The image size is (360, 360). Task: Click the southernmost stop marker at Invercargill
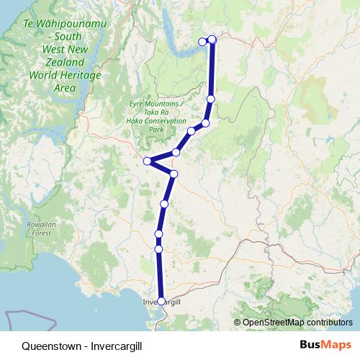[161, 301]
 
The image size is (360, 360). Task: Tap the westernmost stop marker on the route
[147, 161]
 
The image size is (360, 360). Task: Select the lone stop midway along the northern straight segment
[211, 99]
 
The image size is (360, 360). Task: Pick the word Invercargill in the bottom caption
[117, 346]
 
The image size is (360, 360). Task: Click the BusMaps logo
[325, 345]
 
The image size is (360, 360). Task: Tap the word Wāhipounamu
[71, 23]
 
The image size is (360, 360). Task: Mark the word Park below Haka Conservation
[156, 130]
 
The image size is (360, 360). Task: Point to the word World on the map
[43, 76]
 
